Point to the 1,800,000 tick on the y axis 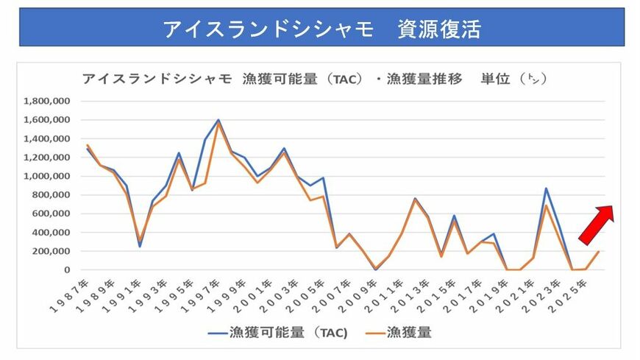48,101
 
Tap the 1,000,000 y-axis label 48,176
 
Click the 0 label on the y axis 66,270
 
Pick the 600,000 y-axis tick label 51,213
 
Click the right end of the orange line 599,252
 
